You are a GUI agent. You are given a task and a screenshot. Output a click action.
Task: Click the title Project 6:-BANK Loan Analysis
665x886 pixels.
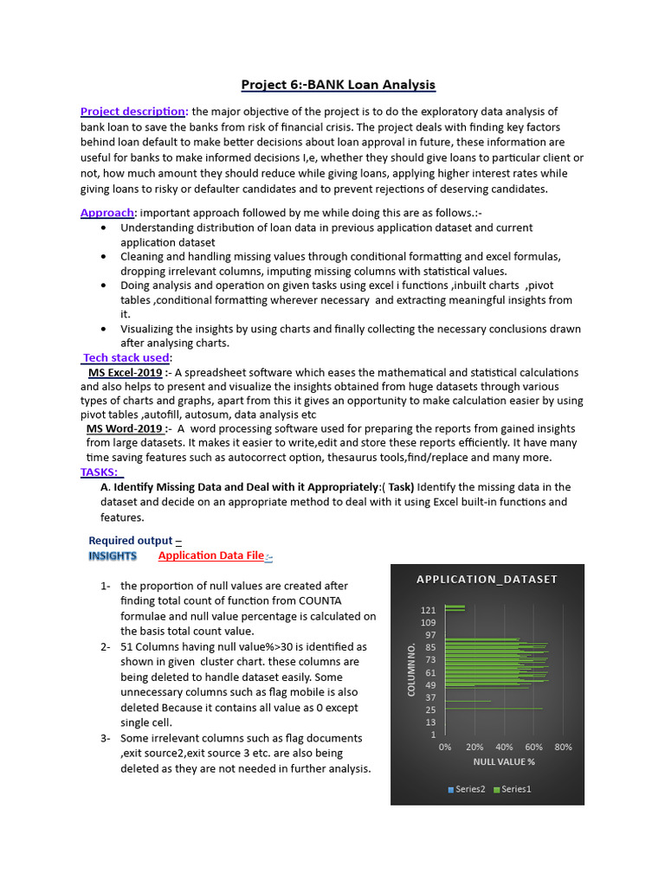click(x=338, y=84)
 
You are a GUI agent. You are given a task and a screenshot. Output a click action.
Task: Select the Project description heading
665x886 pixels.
click(x=133, y=112)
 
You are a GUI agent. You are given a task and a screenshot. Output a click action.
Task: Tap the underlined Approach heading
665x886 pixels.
click(x=107, y=213)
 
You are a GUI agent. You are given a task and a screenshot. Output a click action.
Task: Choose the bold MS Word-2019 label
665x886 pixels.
click(x=125, y=428)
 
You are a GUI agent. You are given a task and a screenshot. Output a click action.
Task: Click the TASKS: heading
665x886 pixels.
click(x=101, y=472)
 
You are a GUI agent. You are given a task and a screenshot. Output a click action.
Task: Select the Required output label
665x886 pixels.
click(x=134, y=540)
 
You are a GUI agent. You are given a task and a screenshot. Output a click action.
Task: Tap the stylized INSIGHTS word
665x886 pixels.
click(x=113, y=555)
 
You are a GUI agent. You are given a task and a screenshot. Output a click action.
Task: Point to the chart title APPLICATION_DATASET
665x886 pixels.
click(x=487, y=579)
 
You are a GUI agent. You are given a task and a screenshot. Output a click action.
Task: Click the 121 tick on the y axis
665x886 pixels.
click(x=429, y=610)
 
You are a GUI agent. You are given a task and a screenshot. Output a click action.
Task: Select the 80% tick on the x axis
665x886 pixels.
click(x=563, y=747)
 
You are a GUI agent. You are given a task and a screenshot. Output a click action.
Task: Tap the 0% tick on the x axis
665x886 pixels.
click(x=445, y=747)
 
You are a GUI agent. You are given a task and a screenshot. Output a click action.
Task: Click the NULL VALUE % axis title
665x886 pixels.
click(x=504, y=762)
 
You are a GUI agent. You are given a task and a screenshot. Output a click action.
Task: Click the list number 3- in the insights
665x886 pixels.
click(x=106, y=738)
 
